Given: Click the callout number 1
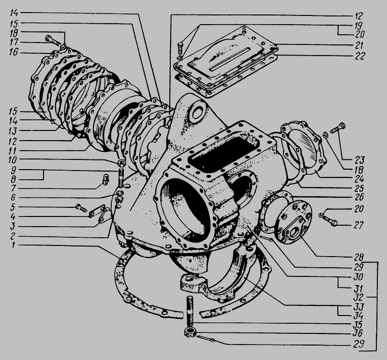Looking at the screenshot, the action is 14,245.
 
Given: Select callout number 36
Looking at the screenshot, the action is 357,333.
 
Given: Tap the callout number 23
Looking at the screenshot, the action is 359,160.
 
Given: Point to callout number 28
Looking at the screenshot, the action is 358,258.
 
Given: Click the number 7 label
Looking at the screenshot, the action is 14,188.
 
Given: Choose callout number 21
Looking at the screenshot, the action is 359,45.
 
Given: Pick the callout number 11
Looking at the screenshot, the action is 13,151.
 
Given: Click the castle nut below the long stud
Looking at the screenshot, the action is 190,332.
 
